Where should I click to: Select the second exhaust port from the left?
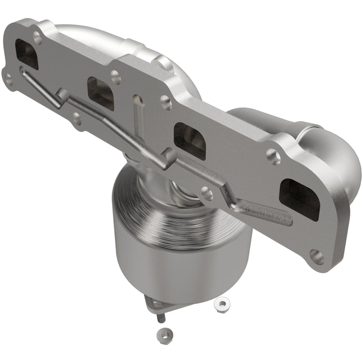tap(101, 93)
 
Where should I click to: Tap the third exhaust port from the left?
tap(189, 141)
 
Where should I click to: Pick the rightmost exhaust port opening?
tap(300, 199)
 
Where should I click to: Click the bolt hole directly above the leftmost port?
tap(37, 37)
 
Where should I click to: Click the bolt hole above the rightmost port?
tap(273, 154)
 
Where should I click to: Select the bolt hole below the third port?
tap(207, 194)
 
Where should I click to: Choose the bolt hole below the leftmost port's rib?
tap(77, 119)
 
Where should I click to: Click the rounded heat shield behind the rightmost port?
tap(332, 156)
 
